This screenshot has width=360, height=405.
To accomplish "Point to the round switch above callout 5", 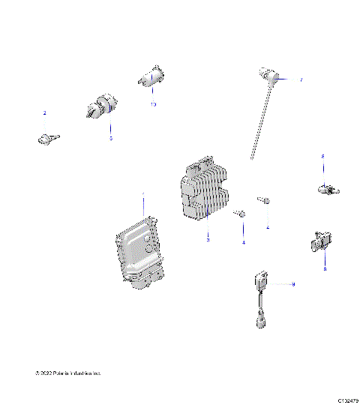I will pyautogui.click(x=100, y=109).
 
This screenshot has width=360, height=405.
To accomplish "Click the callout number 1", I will pyautogui.click(x=143, y=194).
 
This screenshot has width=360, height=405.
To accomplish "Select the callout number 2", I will pyautogui.click(x=44, y=113).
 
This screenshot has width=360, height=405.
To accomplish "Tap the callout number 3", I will pyautogui.click(x=208, y=239).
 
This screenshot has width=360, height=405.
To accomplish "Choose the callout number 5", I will pyautogui.click(x=111, y=139).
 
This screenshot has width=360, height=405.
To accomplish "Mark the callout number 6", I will pyautogui.click(x=322, y=156).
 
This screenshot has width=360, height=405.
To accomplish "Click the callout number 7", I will pyautogui.click(x=301, y=80).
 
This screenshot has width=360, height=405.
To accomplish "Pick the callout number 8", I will pyautogui.click(x=325, y=268).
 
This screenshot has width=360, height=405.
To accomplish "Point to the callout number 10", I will pyautogui.click(x=152, y=104).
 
